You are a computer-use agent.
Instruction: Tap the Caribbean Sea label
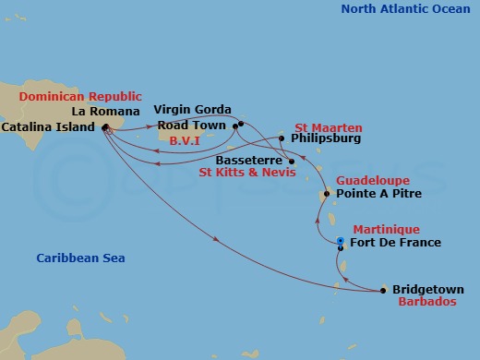tap(80, 258)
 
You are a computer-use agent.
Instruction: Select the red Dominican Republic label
tap(80, 96)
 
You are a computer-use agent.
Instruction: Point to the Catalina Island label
tap(48, 126)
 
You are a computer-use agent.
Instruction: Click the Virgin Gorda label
tap(192, 109)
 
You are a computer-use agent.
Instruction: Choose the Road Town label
tap(191, 125)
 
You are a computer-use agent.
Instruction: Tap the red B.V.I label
tap(186, 140)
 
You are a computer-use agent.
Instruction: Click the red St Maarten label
tap(329, 126)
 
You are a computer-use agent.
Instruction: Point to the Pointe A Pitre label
tap(379, 195)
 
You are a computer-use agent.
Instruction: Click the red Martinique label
tap(387, 229)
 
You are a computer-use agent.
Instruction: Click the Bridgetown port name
tap(428, 289)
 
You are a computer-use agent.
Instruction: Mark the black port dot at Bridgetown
tap(384, 291)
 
